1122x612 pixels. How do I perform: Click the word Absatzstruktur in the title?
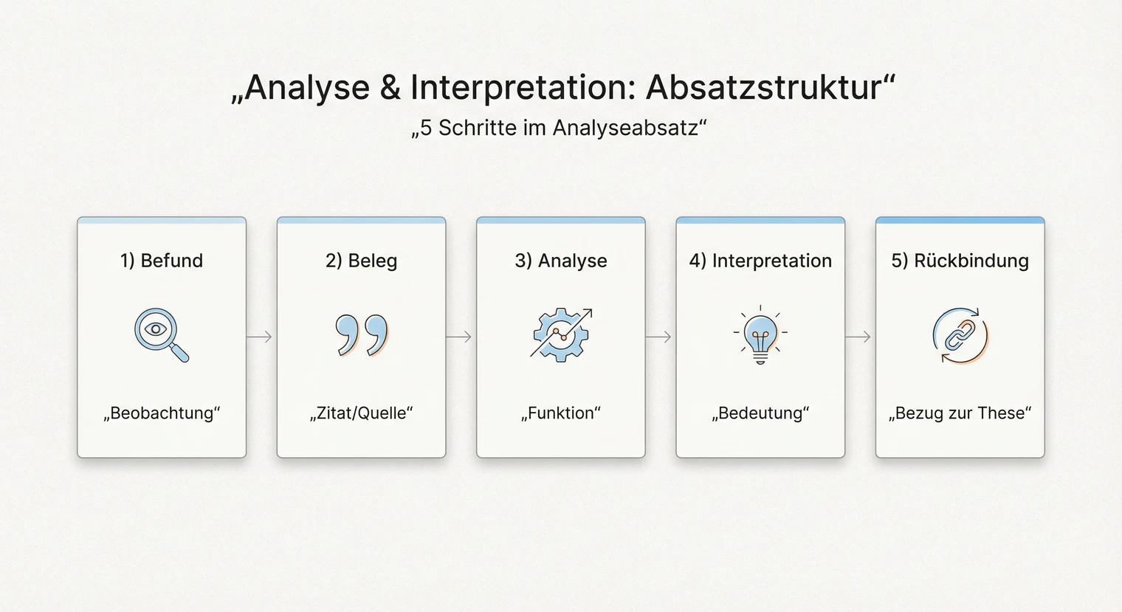pyautogui.click(x=764, y=88)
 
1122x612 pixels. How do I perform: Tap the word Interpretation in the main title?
pyautogui.click(x=521, y=88)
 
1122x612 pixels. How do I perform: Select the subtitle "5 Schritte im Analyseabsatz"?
pyautogui.click(x=559, y=128)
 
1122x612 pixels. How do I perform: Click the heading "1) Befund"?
pyautogui.click(x=162, y=261)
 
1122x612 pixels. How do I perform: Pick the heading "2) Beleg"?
pyautogui.click(x=361, y=261)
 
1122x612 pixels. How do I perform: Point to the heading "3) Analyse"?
pyautogui.click(x=561, y=261)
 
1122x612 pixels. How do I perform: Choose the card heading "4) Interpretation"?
pyautogui.click(x=760, y=261)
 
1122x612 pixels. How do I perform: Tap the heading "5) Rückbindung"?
pyautogui.click(x=960, y=261)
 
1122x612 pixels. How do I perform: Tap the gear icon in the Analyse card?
pyautogui.click(x=560, y=335)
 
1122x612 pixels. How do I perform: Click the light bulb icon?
pyautogui.click(x=760, y=336)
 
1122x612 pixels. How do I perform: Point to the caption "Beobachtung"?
pyautogui.click(x=162, y=413)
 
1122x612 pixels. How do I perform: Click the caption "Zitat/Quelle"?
pyautogui.click(x=361, y=413)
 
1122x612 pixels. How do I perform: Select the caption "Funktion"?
pyautogui.click(x=561, y=413)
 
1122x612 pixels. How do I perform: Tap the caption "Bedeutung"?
pyautogui.click(x=760, y=413)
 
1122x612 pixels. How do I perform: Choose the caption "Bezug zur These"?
pyautogui.click(x=960, y=413)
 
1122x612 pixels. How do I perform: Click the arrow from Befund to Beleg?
pyautogui.click(x=260, y=337)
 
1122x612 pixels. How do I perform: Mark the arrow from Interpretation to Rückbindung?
pyautogui.click(x=858, y=337)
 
